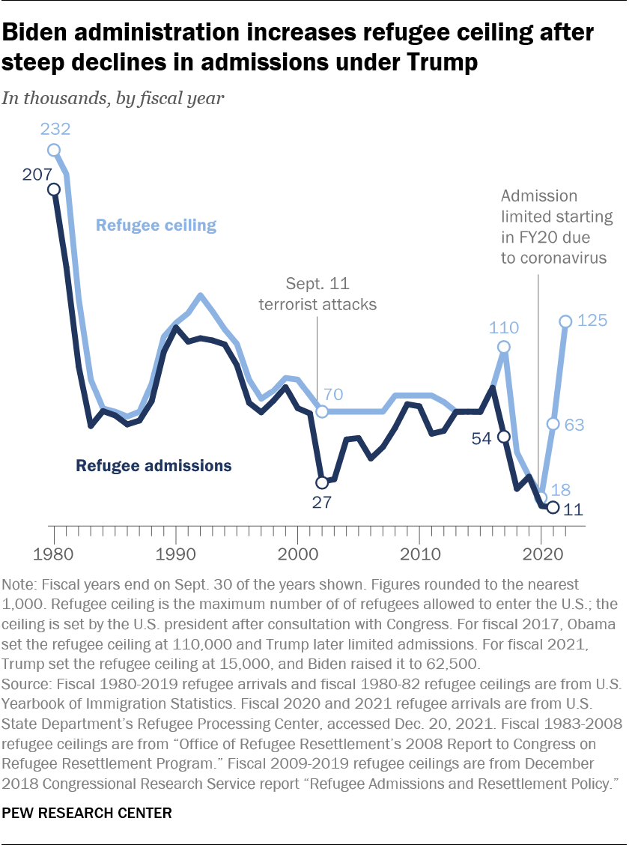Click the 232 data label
pos(55,129)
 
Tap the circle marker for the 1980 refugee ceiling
pos(54,150)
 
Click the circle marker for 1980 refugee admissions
pos(54,190)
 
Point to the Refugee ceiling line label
pos(156,225)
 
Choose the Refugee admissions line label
pos(154,466)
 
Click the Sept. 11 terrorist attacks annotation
pos(317,294)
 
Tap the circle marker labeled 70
pos(322,411)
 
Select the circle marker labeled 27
pos(322,482)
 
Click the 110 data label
pos(503,327)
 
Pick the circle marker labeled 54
pos(504,437)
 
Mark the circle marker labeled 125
pos(565,321)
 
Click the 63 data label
pos(574,425)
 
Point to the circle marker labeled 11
pos(553,508)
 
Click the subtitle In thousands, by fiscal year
pos(113,98)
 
